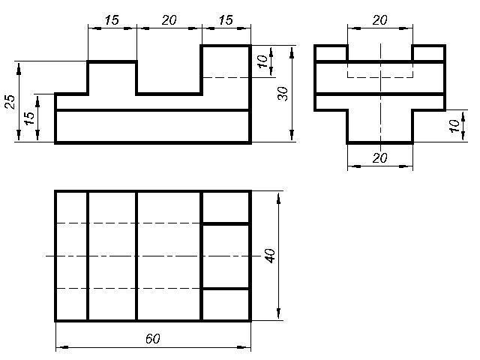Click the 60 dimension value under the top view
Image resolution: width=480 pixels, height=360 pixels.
pyautogui.click(x=152, y=338)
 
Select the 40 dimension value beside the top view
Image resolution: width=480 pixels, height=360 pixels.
pyautogui.click(x=270, y=256)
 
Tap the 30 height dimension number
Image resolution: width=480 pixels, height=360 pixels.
pyautogui.click(x=283, y=94)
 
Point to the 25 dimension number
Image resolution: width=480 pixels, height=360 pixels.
pyautogui.click(x=10, y=102)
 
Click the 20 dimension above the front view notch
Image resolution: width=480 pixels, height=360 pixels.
pyautogui.click(x=169, y=20)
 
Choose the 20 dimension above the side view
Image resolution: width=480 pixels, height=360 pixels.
pyautogui.click(x=380, y=20)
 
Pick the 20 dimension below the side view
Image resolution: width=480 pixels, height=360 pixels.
pyautogui.click(x=380, y=158)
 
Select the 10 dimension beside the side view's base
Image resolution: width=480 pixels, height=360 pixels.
pyautogui.click(x=454, y=125)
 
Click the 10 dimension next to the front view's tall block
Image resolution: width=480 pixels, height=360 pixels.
pyautogui.click(x=262, y=61)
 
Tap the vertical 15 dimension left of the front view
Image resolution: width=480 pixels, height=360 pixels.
pyautogui.click(x=29, y=118)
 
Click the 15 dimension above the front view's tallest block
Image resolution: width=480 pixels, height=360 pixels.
pyautogui.click(x=226, y=20)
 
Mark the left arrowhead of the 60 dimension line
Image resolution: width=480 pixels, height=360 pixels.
pyautogui.click(x=62, y=347)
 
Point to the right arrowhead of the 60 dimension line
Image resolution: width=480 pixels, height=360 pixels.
pyautogui.click(x=244, y=347)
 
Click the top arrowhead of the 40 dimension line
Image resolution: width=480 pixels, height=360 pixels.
pyautogui.click(x=278, y=198)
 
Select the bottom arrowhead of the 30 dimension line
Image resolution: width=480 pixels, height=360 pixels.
pyautogui.click(x=292, y=136)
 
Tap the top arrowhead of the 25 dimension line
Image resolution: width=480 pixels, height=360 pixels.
pyautogui.click(x=19, y=68)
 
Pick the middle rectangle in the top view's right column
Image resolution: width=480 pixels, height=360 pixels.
pyautogui.click(x=226, y=256)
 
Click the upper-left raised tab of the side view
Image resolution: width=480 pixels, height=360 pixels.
pyautogui.click(x=331, y=53)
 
